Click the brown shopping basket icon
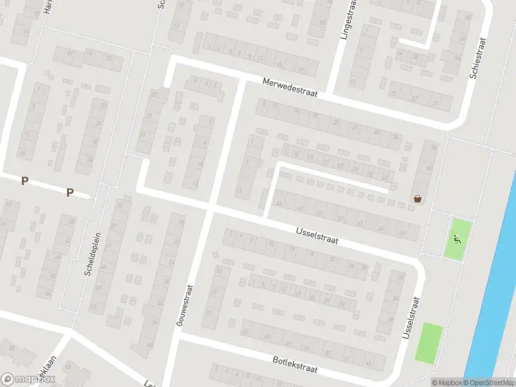coord(418,199)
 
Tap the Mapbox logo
coord(28,379)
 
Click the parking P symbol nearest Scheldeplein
coord(70,192)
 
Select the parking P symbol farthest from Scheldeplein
coord(25,181)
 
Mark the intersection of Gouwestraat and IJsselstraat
coord(211,208)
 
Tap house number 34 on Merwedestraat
coord(395,137)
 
